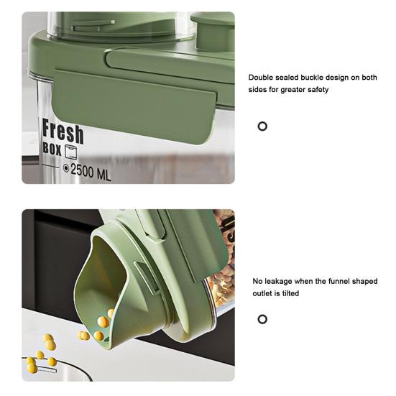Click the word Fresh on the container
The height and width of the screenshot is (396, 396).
(63, 132)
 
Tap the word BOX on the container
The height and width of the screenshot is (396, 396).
(52, 149)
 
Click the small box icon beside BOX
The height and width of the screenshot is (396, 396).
(70, 152)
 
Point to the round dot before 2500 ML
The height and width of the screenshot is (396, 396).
(66, 168)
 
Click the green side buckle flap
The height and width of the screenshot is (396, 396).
(134, 106)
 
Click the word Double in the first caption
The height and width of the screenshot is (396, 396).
(261, 78)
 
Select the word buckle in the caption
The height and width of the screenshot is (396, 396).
(311, 78)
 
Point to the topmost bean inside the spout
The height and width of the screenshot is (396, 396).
(111, 313)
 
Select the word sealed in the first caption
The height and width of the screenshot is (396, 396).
(287, 78)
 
